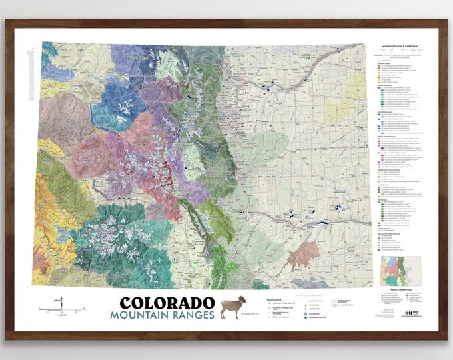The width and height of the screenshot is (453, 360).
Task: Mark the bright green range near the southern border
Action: point(223,257)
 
